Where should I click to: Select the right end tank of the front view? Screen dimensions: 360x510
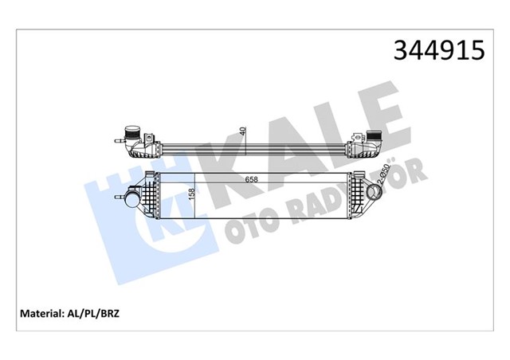coord(359,191)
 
